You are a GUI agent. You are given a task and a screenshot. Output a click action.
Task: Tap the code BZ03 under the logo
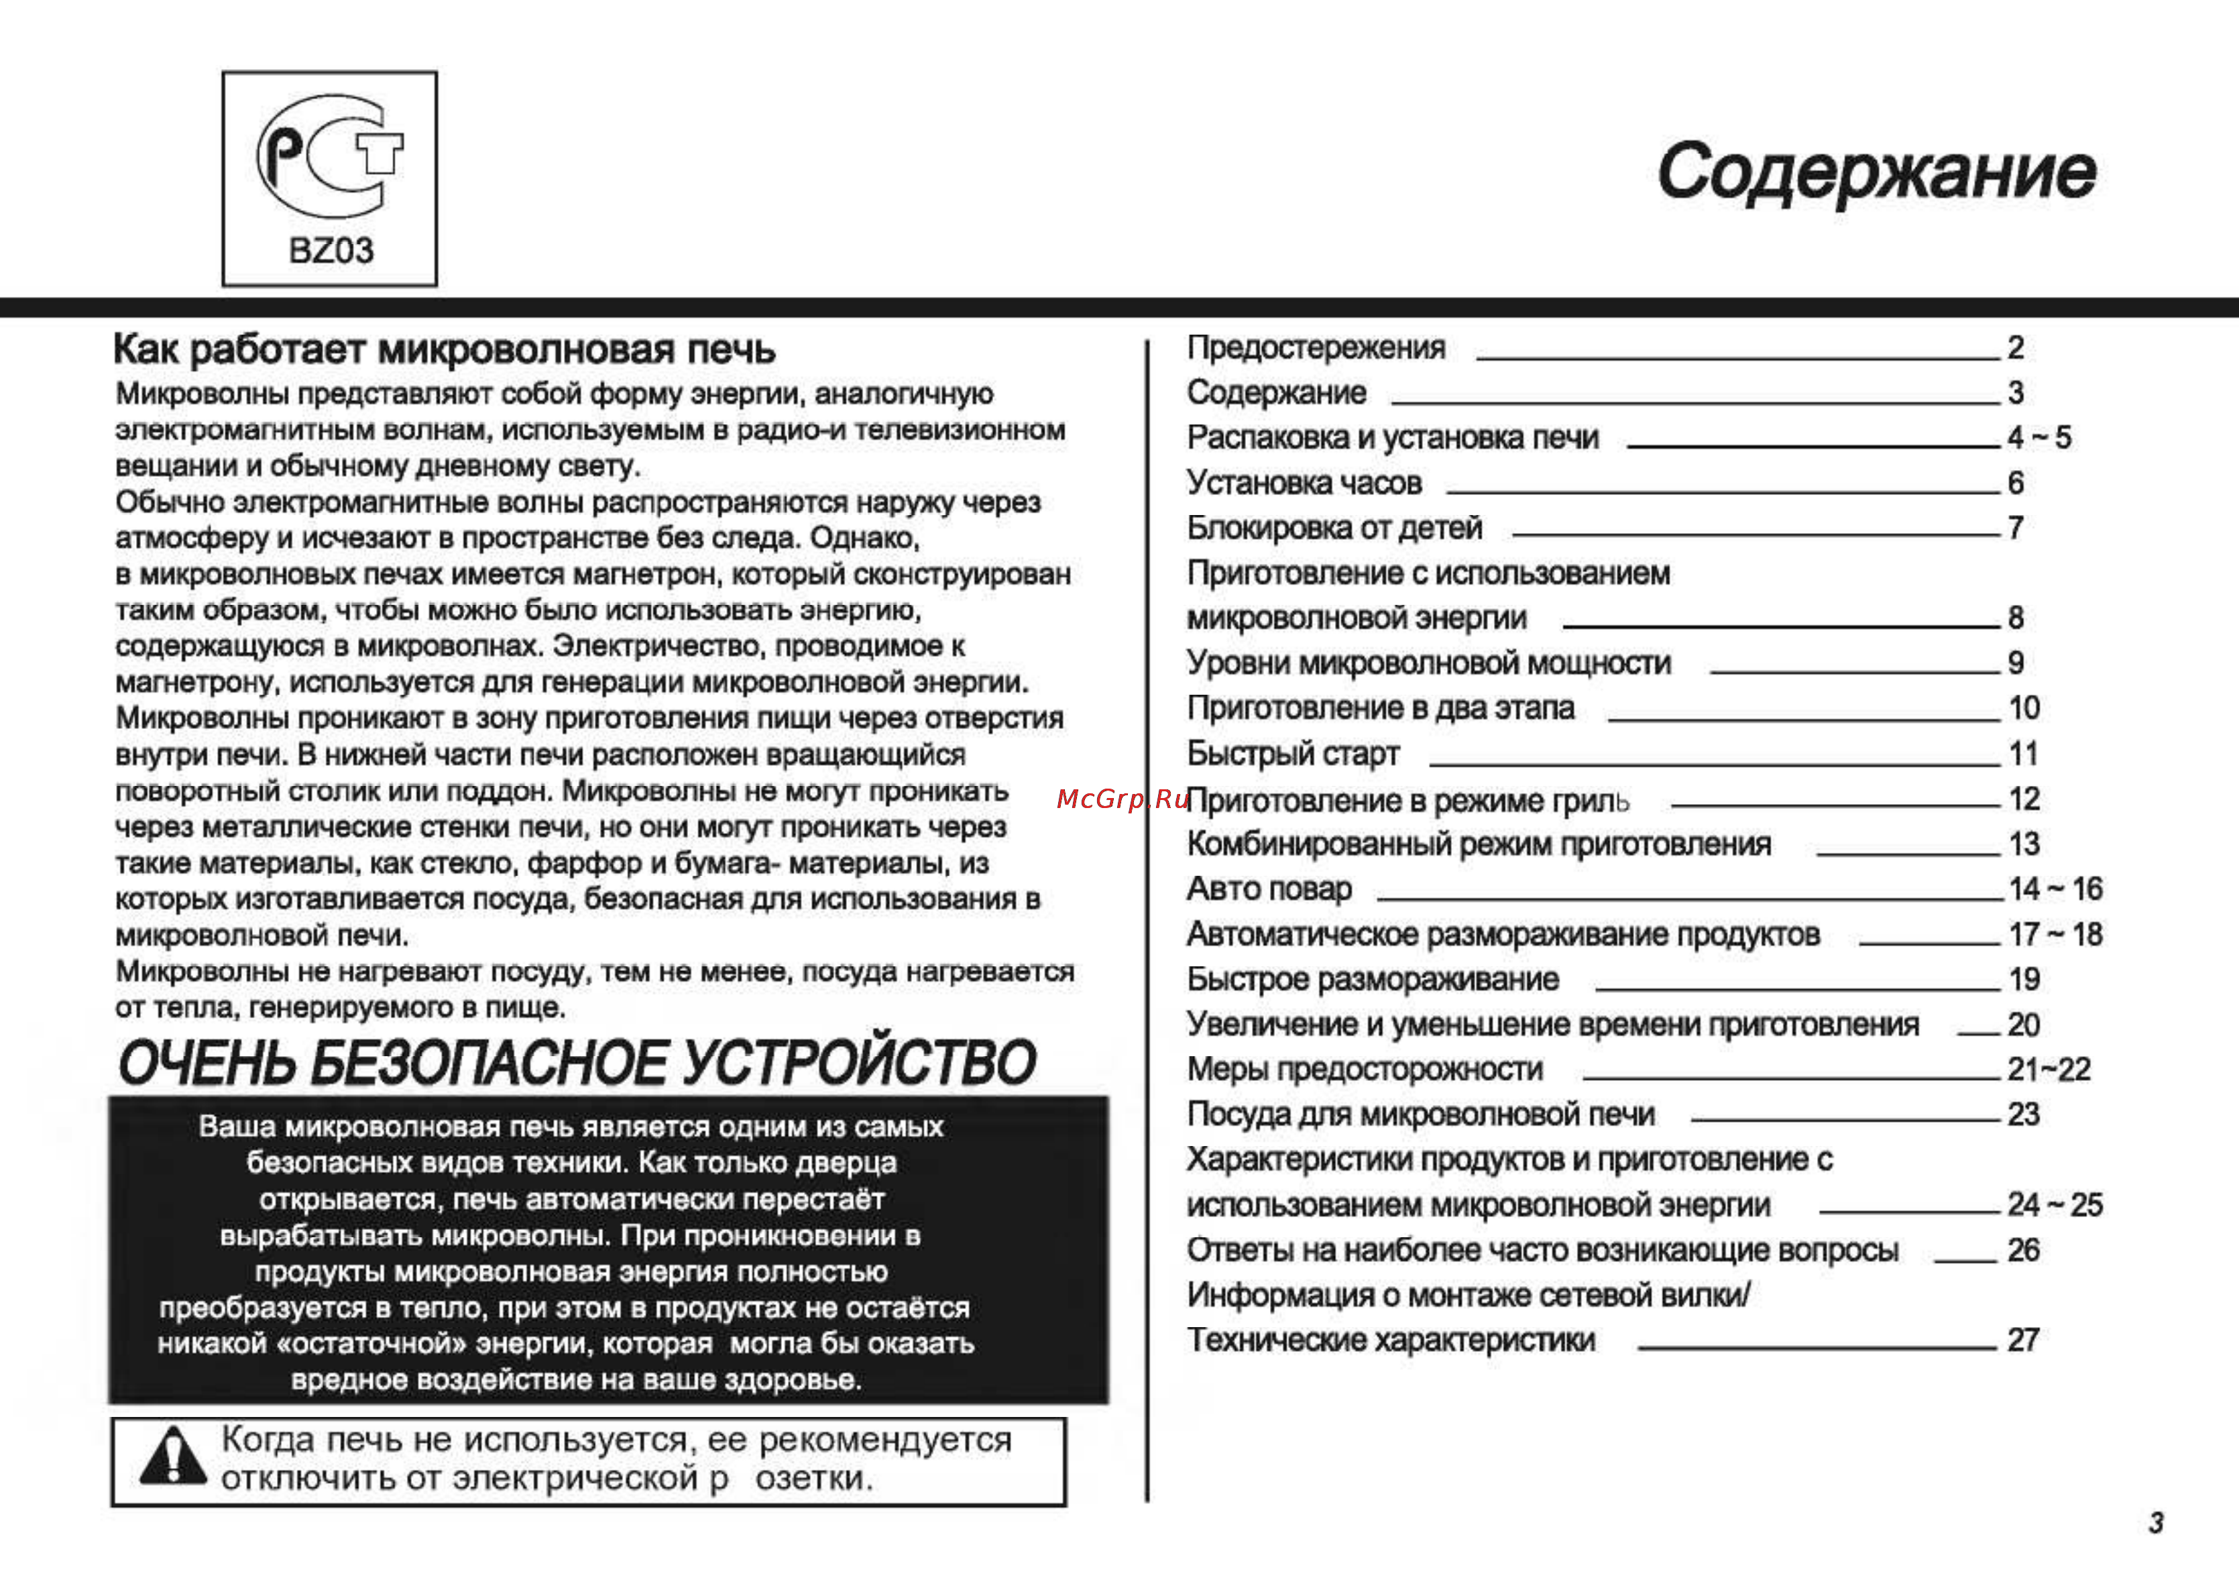[331, 251]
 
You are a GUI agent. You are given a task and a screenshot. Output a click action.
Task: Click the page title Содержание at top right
[1876, 172]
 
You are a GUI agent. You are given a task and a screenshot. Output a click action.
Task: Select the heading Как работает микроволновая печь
[444, 350]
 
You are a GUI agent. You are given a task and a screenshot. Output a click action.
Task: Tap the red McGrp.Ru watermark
[1122, 799]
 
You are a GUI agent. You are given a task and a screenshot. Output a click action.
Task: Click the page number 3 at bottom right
[2155, 1522]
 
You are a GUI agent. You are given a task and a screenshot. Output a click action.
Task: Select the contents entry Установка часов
[1304, 483]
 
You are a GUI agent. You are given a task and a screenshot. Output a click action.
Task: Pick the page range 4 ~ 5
[2039, 437]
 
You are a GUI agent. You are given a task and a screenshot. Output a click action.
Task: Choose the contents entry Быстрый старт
[1293, 754]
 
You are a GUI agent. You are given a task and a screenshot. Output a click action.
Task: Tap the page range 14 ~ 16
[2055, 889]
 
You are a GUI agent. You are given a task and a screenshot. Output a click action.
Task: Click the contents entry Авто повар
[1269, 889]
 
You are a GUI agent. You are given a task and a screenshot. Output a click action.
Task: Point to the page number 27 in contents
[2023, 1341]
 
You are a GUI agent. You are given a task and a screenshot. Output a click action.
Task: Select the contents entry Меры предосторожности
[1365, 1069]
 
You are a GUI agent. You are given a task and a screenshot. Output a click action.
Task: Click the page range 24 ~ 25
[2055, 1205]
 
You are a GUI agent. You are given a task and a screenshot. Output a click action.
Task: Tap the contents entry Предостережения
[1316, 348]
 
